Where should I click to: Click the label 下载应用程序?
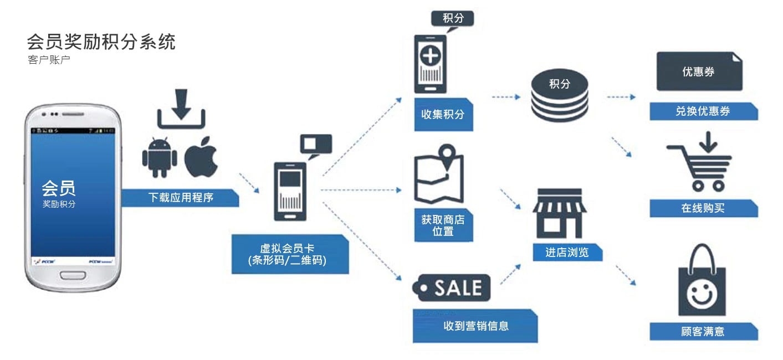pos(181,198)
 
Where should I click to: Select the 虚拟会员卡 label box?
pos(290,254)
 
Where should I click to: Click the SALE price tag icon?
pos(452,287)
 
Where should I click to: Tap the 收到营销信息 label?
pos(475,326)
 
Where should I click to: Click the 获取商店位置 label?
pos(443,225)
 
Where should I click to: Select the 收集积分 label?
pos(443,115)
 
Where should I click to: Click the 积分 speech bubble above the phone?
pos(453,18)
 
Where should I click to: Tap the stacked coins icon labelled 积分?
pos(559,96)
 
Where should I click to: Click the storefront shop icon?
pos(559,213)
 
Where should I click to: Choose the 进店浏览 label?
pos(567,253)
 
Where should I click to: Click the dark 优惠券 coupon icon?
pos(698,71)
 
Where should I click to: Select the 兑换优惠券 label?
pos(703,111)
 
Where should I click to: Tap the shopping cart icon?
pos(700,162)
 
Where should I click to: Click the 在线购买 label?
pos(703,208)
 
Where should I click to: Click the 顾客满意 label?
pos(703,332)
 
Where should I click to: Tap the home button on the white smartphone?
pos(73,275)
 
